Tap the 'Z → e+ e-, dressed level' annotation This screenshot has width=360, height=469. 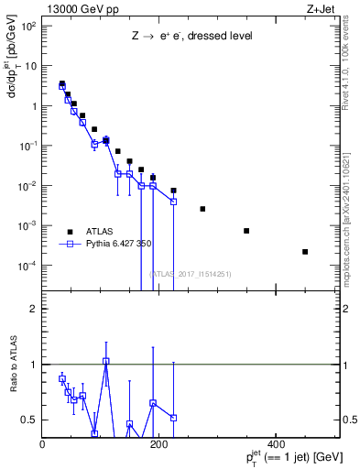point(191,37)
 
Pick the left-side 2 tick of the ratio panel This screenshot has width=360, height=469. point(34,309)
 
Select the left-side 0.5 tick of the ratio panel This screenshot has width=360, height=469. point(30,420)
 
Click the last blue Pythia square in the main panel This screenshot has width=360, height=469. point(173,201)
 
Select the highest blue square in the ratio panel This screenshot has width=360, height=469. point(106,361)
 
